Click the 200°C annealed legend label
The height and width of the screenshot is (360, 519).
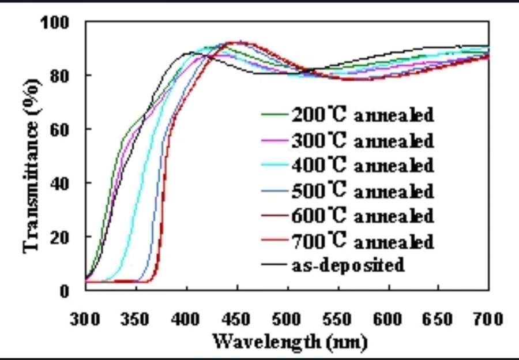[x=362, y=114]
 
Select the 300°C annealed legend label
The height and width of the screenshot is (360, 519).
[x=362, y=140]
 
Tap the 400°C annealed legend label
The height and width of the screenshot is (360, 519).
[x=362, y=165]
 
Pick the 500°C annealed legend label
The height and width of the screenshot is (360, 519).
[x=362, y=190]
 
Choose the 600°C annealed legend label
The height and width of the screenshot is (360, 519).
[x=362, y=216]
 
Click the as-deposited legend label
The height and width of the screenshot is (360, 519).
[x=347, y=265]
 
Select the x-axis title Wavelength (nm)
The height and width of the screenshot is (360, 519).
[x=289, y=342]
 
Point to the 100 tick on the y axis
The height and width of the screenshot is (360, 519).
[x=55, y=23]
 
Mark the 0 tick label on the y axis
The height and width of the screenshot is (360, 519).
[x=65, y=290]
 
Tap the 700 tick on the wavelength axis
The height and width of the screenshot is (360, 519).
[x=488, y=318]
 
